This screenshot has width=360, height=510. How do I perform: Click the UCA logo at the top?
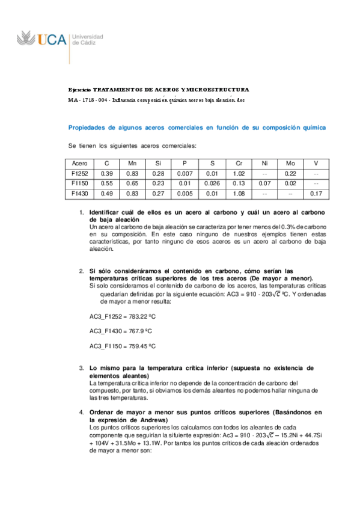59,40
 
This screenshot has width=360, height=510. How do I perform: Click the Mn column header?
133,163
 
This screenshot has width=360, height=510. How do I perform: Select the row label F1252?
80,173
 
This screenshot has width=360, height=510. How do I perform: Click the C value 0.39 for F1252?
107,173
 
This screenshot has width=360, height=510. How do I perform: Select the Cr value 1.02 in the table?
239,173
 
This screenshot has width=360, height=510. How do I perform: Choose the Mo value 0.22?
290,173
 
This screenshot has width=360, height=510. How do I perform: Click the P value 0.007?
185,173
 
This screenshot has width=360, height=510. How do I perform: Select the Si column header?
159,163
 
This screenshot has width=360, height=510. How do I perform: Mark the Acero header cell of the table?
80,163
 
